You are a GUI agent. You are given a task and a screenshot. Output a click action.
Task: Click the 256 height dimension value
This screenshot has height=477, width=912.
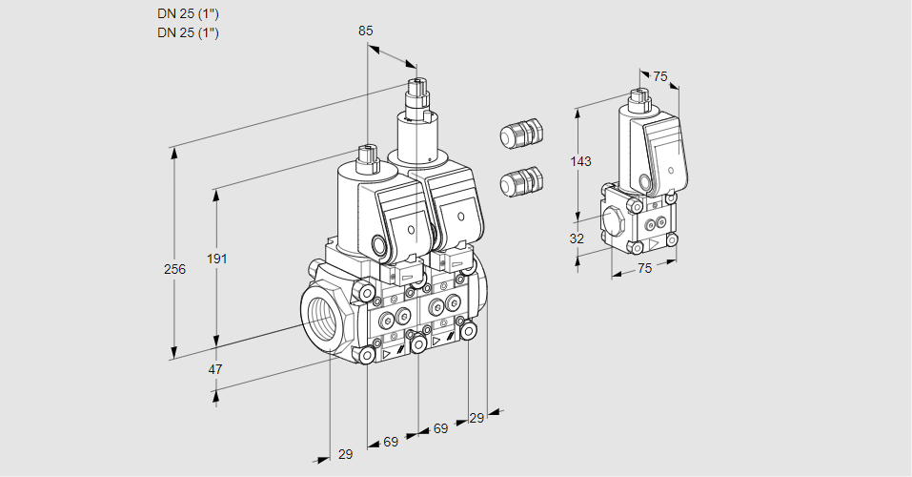click(x=174, y=269)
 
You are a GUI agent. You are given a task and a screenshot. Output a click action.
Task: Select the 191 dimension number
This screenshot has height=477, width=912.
click(x=217, y=259)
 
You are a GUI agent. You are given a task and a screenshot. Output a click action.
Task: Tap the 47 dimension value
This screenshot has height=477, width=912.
click(x=215, y=369)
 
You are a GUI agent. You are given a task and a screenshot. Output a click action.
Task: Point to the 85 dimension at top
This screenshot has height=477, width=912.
click(x=365, y=31)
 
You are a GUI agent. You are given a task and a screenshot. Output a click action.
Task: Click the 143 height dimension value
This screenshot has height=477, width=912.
click(x=580, y=161)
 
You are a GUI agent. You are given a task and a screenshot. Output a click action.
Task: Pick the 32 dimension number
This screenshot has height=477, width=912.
click(x=577, y=238)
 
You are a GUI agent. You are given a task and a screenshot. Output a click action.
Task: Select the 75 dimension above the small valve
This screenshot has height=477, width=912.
click(x=660, y=76)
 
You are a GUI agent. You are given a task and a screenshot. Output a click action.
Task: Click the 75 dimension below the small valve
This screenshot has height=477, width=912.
click(x=644, y=268)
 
